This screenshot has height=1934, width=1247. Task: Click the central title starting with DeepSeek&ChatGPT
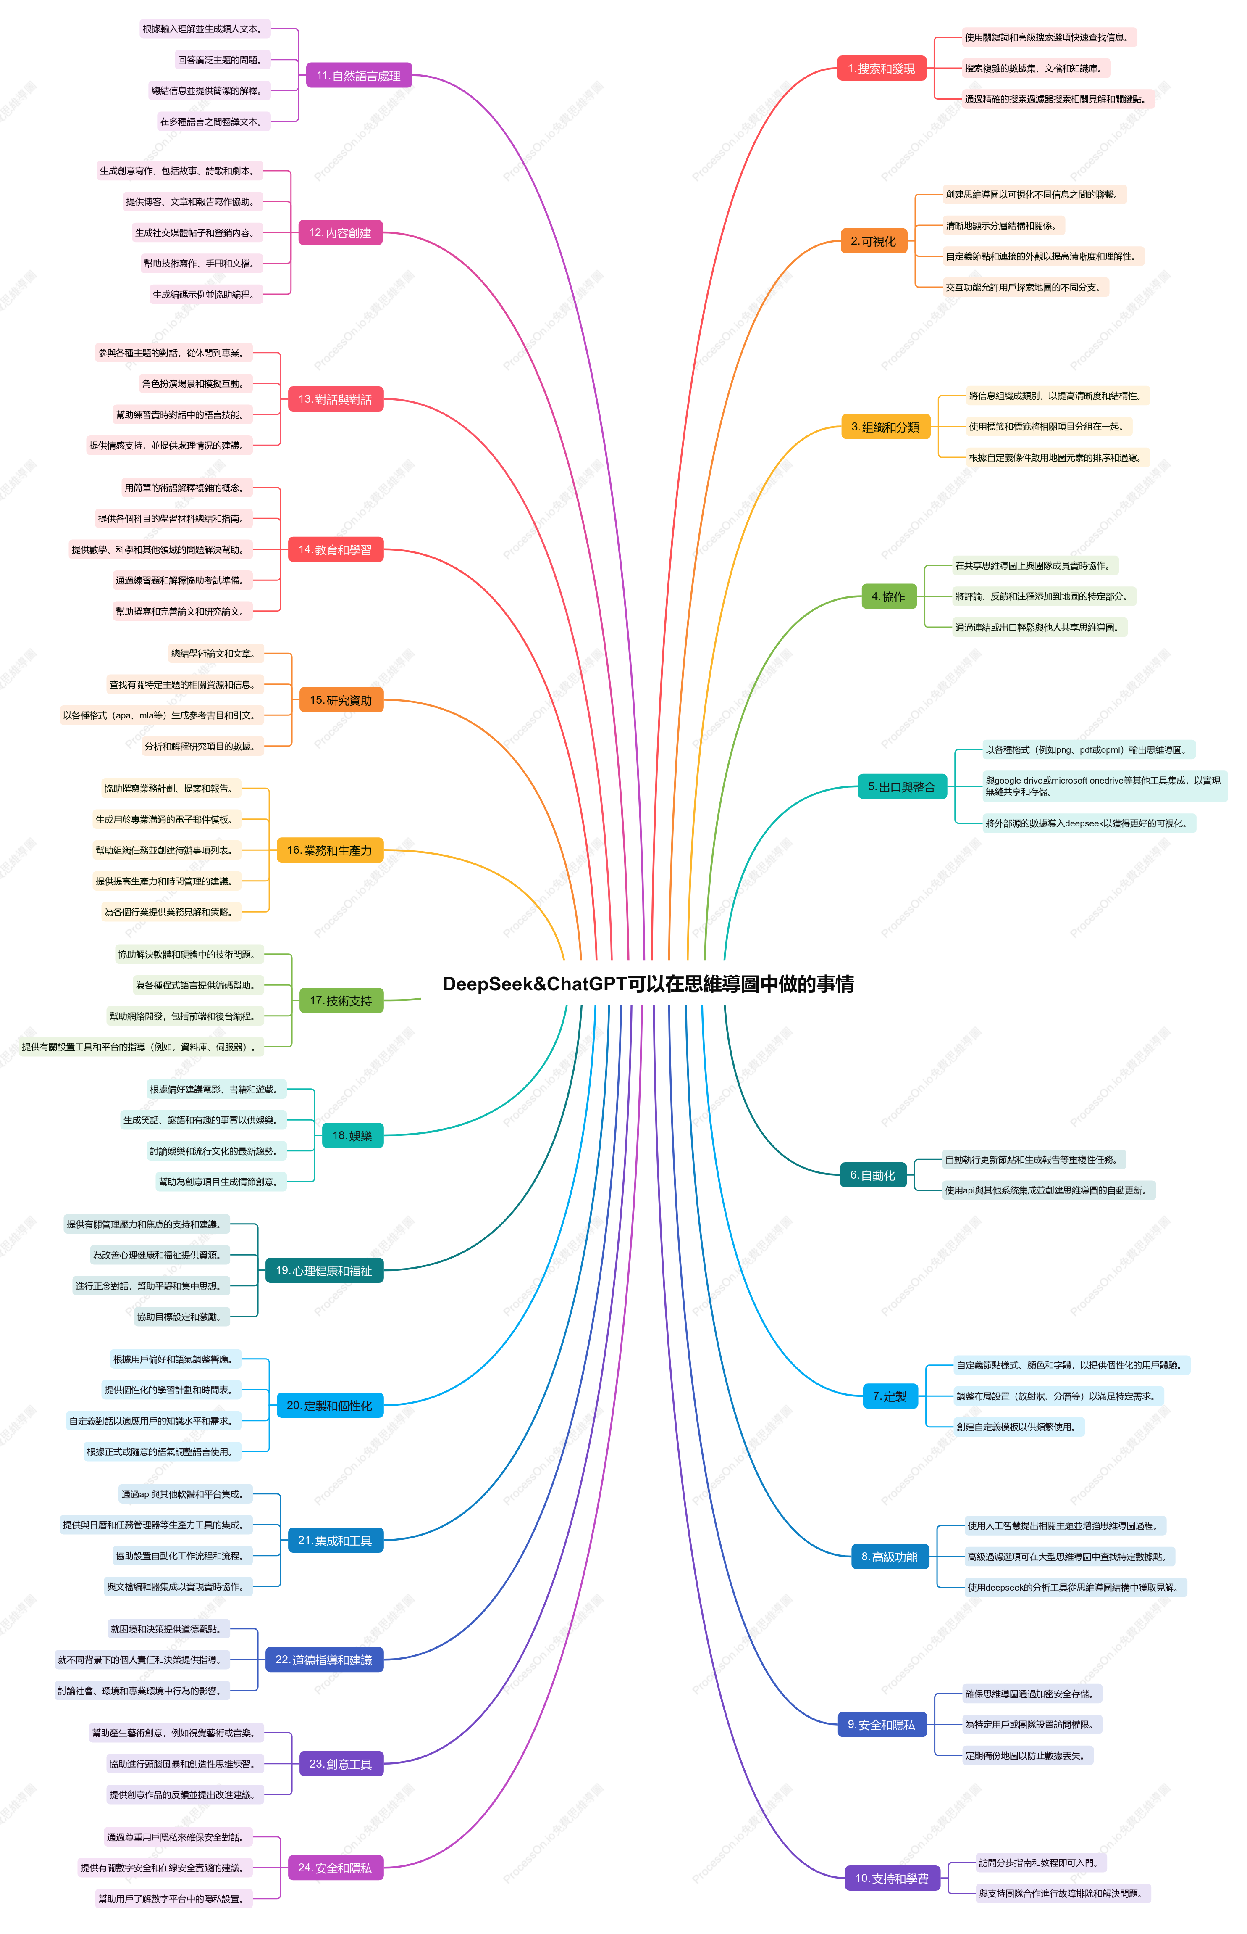pos(648,984)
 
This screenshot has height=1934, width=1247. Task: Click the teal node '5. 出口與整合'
pos(901,787)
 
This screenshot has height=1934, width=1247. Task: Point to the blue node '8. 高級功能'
pos(889,1557)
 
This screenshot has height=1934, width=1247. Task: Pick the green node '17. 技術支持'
pos(341,1000)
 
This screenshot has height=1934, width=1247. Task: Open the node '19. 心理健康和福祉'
pos(324,1270)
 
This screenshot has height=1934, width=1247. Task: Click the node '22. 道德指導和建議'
pos(324,1660)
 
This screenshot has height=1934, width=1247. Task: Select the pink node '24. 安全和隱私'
pos(335,1868)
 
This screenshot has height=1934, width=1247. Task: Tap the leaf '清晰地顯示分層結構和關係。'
pos(1003,225)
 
